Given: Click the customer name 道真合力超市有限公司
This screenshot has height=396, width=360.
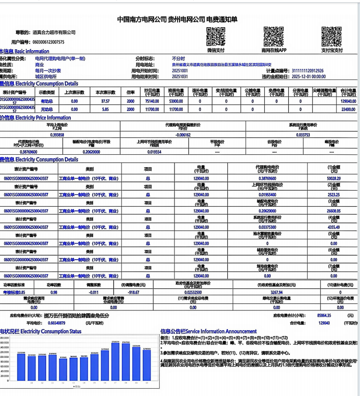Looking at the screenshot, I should (54, 32).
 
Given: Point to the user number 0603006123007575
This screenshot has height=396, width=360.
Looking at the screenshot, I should (48, 42).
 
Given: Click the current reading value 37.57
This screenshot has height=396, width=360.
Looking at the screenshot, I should (105, 101).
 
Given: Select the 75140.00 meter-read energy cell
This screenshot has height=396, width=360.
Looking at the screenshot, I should (152, 101).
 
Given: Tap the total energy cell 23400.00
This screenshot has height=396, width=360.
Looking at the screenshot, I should (348, 109).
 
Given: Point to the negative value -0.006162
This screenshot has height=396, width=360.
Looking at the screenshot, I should (182, 135).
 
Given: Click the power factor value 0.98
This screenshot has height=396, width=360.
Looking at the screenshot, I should (54, 292).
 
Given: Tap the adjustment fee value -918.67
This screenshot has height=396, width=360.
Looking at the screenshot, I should (134, 292).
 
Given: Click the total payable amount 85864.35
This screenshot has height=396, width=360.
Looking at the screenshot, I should (325, 316).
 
